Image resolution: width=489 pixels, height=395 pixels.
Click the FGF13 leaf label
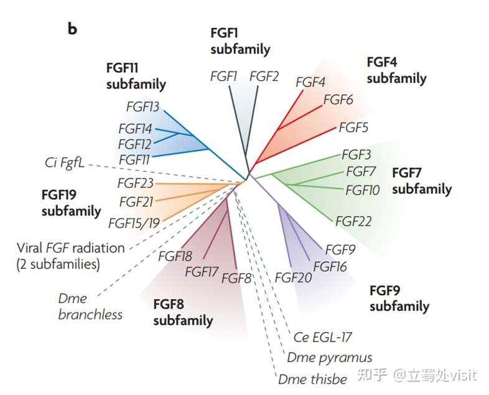(142, 106)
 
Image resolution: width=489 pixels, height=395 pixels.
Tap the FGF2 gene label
(264, 77)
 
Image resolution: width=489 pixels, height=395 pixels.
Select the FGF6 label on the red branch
(338, 100)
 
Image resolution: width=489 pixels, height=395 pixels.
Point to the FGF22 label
(353, 221)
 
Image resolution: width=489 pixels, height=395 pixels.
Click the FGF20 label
(293, 277)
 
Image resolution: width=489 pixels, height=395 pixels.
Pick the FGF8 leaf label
(236, 278)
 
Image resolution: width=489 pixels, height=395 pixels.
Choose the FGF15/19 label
(134, 223)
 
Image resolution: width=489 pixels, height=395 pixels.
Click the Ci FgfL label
(65, 163)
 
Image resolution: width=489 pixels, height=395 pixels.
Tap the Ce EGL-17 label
(322, 337)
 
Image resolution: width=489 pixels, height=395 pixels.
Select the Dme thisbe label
(312, 379)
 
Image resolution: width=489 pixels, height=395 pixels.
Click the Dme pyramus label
(329, 358)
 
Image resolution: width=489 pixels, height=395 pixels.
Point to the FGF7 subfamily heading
(421, 180)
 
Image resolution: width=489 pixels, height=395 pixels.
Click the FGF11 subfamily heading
(136, 76)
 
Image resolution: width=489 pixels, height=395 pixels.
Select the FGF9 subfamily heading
(399, 298)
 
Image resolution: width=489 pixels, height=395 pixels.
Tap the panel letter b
(72, 29)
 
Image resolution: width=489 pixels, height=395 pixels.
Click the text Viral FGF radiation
(71, 248)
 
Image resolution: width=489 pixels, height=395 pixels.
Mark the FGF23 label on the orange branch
(136, 183)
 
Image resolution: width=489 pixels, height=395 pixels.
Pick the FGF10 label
(362, 190)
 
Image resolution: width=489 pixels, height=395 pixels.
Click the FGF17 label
(201, 272)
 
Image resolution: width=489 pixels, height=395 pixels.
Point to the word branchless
(90, 314)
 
